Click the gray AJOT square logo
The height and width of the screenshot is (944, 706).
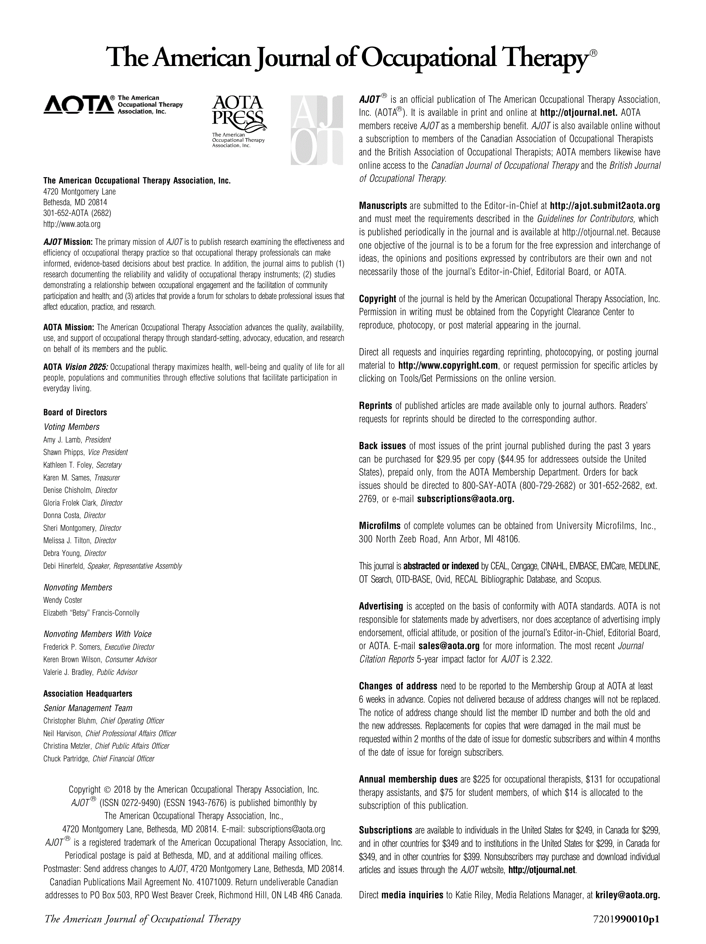(x=316, y=130)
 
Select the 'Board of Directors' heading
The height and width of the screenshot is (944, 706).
(x=75, y=412)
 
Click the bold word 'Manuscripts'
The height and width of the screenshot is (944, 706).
(x=383, y=206)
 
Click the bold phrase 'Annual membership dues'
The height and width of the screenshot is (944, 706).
(x=408, y=779)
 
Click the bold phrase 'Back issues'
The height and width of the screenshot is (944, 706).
(x=382, y=446)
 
